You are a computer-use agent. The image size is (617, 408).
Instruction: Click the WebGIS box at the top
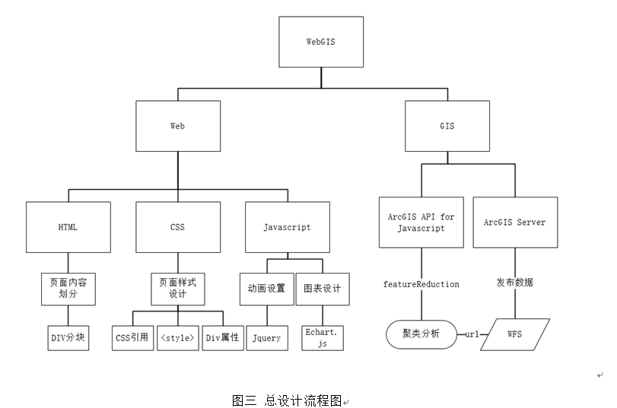320,43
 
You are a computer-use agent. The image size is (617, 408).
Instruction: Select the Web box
178,126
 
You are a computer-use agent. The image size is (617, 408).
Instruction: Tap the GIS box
447,126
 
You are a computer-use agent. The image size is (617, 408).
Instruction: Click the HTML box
68,227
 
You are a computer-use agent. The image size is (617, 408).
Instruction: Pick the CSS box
178,227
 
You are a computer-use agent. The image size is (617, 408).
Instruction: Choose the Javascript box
287,227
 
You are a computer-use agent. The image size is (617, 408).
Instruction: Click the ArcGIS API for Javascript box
421,223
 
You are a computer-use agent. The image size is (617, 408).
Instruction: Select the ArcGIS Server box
515,223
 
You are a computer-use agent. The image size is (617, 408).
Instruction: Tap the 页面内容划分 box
68,288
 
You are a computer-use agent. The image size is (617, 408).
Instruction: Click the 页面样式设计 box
178,288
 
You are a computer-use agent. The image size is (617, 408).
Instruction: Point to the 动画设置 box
266,289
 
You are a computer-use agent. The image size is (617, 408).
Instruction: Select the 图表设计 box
323,289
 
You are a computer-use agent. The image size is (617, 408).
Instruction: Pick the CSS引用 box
132,338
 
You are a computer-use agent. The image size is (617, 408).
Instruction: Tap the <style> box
178,338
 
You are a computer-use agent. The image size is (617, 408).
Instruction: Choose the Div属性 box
224,338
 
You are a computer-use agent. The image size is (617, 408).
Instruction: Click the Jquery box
266,338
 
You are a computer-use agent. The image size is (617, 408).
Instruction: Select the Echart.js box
323,338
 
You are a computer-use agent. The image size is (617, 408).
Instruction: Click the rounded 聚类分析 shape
421,334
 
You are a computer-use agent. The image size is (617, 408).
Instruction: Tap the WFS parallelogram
516,334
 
